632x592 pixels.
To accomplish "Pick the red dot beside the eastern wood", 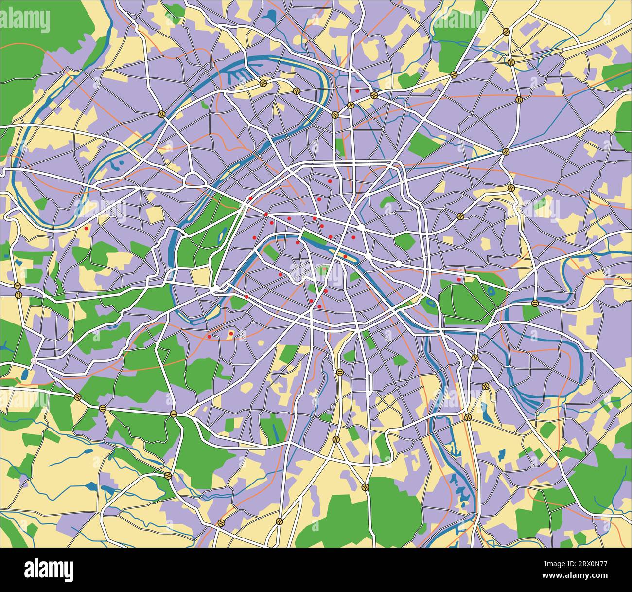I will click(459, 280).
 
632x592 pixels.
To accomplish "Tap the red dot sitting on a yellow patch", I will click(231, 334).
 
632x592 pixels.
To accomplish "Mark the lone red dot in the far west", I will click(87, 228).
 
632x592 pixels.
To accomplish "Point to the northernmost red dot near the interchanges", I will click(357, 91).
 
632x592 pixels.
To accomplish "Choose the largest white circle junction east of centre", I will click(399, 263).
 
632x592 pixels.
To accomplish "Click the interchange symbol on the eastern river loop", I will click(535, 303).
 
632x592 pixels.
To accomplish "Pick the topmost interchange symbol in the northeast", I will click(506, 32).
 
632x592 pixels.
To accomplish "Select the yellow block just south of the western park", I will click(200, 276).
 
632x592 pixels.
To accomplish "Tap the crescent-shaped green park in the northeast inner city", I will click(387, 200).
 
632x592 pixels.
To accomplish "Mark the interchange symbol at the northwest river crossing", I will click(161, 114).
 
